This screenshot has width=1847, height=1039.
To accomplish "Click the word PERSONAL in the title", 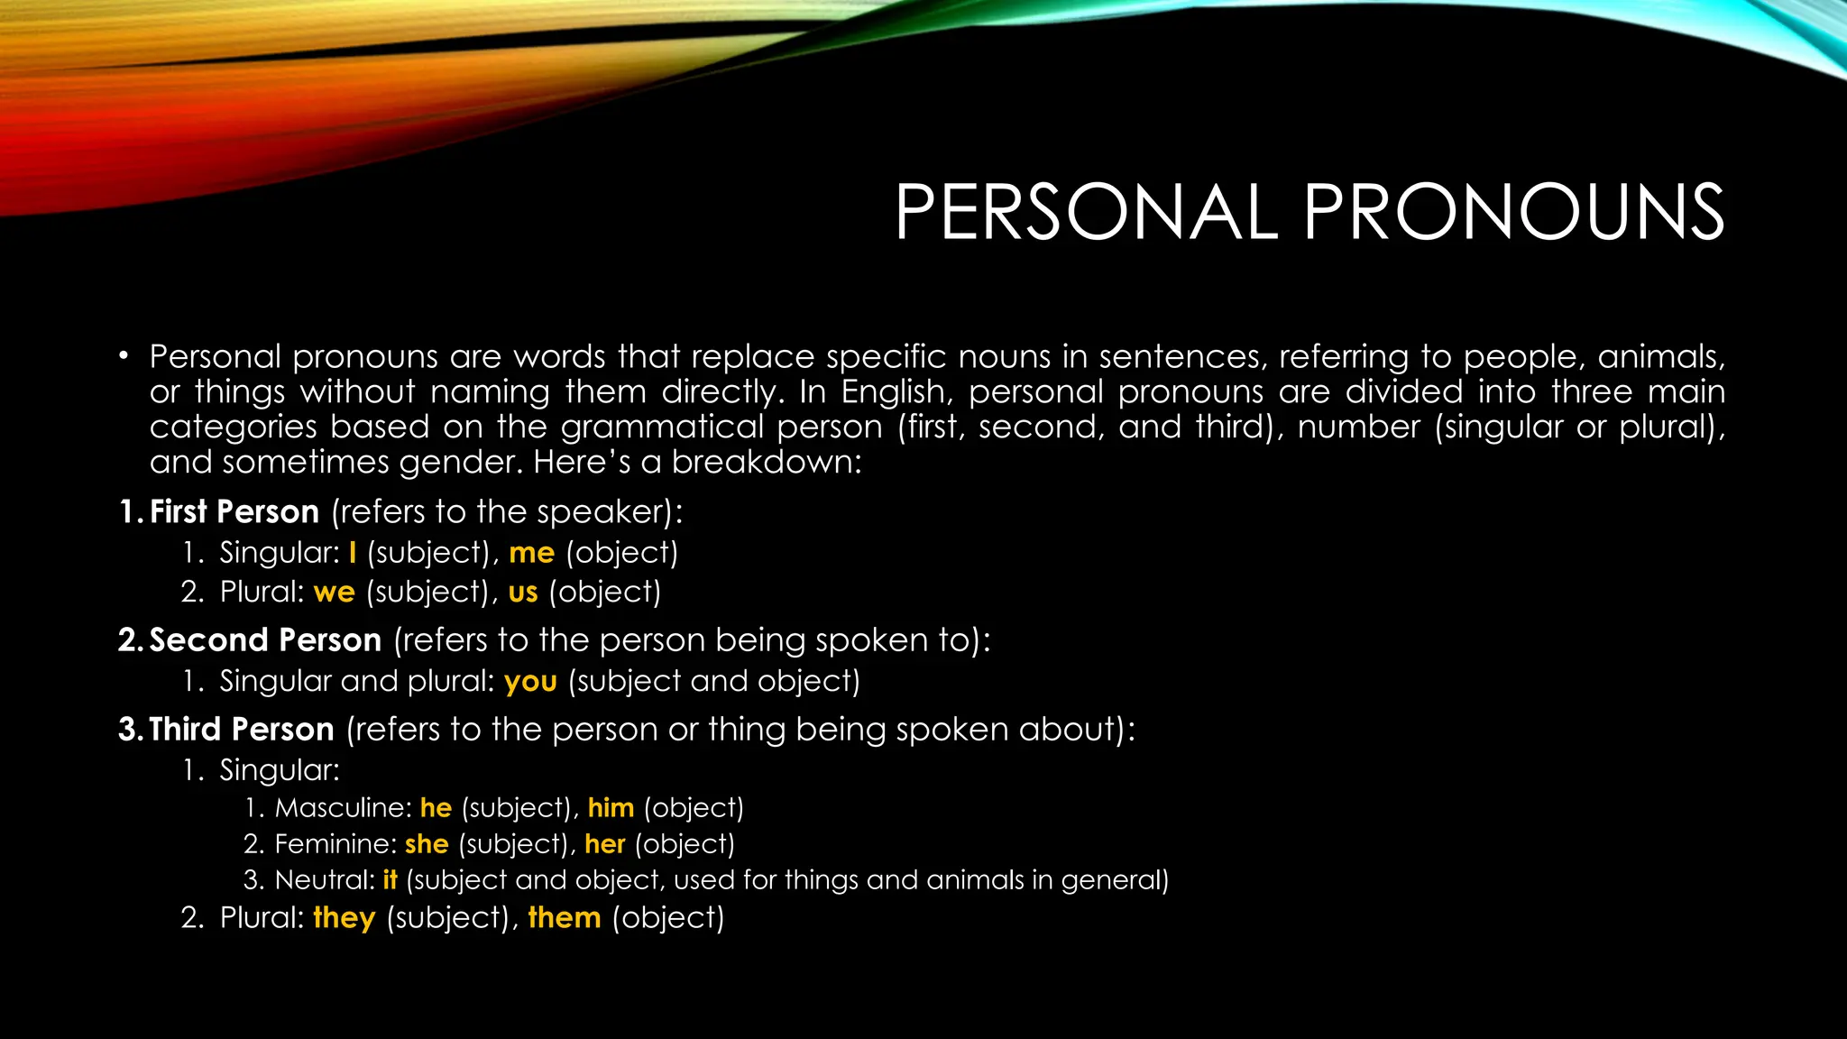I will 1086,212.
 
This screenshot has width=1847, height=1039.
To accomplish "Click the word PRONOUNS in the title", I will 1513,212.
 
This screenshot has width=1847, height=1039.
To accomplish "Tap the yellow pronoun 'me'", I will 531,553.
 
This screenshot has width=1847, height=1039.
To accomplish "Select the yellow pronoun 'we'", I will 334,593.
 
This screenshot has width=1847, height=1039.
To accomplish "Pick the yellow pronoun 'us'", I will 523,593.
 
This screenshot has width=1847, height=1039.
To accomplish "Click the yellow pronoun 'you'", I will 530,682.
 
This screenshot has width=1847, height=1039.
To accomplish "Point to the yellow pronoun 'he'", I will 436,808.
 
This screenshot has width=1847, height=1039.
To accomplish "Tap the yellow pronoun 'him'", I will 611,808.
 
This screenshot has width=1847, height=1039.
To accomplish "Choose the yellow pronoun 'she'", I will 427,844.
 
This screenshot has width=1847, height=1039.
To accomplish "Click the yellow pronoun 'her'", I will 604,844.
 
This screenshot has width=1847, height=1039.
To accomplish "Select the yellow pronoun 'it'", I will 390,880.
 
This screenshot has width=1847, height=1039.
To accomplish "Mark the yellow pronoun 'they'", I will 344,918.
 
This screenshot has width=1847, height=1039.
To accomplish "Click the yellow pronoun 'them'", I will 565,918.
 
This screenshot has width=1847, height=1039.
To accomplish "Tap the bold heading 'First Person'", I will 234,512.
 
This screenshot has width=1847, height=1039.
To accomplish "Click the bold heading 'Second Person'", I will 264,640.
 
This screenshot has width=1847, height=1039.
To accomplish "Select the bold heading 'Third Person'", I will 241,730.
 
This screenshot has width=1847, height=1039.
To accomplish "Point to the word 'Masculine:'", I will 343,808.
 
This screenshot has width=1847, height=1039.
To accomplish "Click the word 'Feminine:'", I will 335,844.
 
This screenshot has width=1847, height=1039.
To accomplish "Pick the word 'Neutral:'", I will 325,880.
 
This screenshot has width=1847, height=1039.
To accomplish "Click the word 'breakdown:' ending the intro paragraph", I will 767,463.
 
